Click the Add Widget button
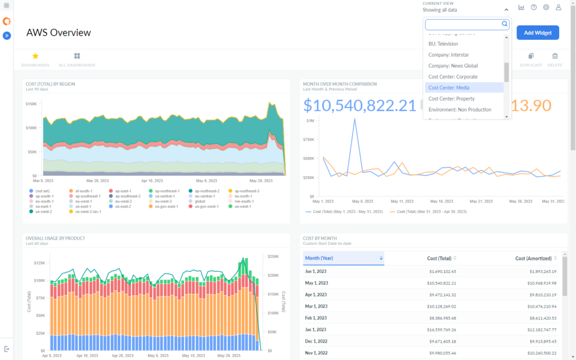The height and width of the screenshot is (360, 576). point(537,33)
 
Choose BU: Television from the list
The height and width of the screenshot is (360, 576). point(443,44)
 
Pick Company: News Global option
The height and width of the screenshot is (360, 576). point(453,66)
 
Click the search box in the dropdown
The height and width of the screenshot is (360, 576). point(463,24)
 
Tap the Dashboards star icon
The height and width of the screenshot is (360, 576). point(35,56)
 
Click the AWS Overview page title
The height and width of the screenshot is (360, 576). point(58,33)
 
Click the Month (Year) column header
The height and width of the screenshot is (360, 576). point(318,258)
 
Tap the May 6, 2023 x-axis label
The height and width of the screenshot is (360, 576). point(362,201)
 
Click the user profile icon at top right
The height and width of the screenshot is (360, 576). point(558,7)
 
